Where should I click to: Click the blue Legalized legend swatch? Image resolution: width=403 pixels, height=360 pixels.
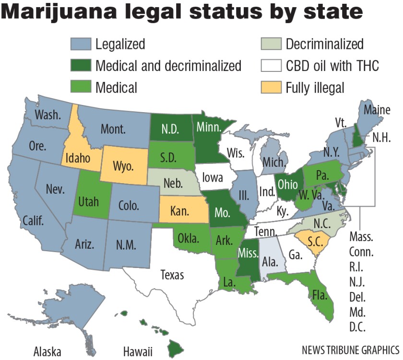tap(81, 45)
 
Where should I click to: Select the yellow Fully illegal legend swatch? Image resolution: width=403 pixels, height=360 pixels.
tap(271, 87)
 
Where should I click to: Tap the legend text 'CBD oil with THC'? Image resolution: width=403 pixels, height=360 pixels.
tap(332, 66)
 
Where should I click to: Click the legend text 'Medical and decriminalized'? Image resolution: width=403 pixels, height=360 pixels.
tap(168, 66)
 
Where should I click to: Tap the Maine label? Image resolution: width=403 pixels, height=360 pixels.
tap(377, 110)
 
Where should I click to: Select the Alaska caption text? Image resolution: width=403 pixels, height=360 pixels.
tap(47, 351)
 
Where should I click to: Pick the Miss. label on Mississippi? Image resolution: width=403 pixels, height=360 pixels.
tap(249, 253)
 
